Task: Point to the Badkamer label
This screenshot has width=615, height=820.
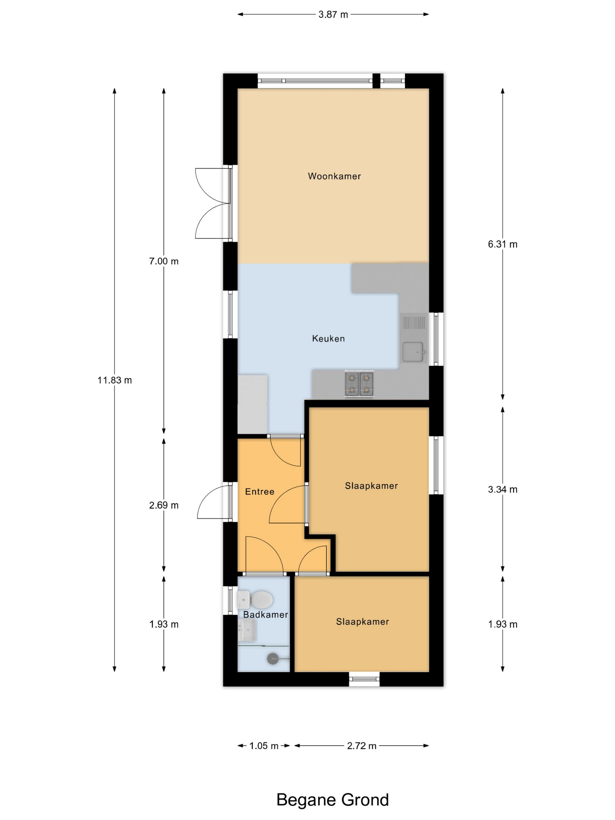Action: tap(265, 615)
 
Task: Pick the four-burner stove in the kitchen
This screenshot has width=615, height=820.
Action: tap(359, 384)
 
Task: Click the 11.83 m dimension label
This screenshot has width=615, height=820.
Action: tap(115, 380)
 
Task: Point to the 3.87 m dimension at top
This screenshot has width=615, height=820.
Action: tap(333, 14)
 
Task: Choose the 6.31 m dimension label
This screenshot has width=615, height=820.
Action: tap(503, 244)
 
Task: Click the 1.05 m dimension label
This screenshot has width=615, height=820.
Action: tap(264, 746)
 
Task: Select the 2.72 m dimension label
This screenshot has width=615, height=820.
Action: tap(362, 746)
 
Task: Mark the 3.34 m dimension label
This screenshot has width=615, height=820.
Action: tap(503, 489)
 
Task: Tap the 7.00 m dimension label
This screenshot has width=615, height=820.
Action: tap(164, 261)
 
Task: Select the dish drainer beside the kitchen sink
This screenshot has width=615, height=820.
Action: tap(413, 322)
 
